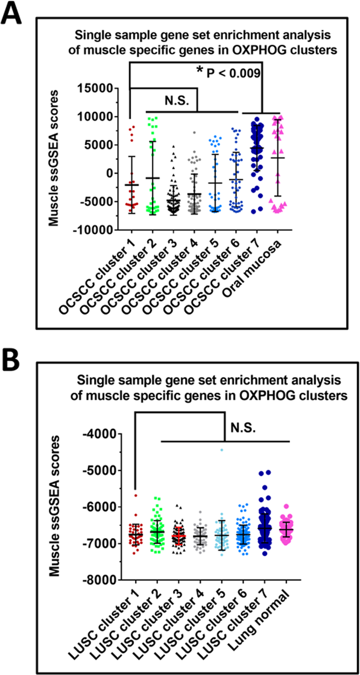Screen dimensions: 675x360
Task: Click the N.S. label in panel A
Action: click(177, 101)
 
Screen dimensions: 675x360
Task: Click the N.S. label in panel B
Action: click(243, 428)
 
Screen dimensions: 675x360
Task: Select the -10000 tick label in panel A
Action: click(93, 230)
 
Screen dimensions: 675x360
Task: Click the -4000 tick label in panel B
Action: click(99, 434)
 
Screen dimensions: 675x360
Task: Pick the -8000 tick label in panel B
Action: click(99, 580)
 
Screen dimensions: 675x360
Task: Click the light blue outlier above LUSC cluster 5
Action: click(221, 450)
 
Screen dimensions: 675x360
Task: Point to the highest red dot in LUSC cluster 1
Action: click(135, 495)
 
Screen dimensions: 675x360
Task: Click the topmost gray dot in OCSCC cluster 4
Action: click(194, 133)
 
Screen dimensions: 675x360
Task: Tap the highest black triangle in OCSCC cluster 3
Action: click(173, 147)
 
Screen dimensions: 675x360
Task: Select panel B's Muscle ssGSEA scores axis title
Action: click(54, 506)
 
